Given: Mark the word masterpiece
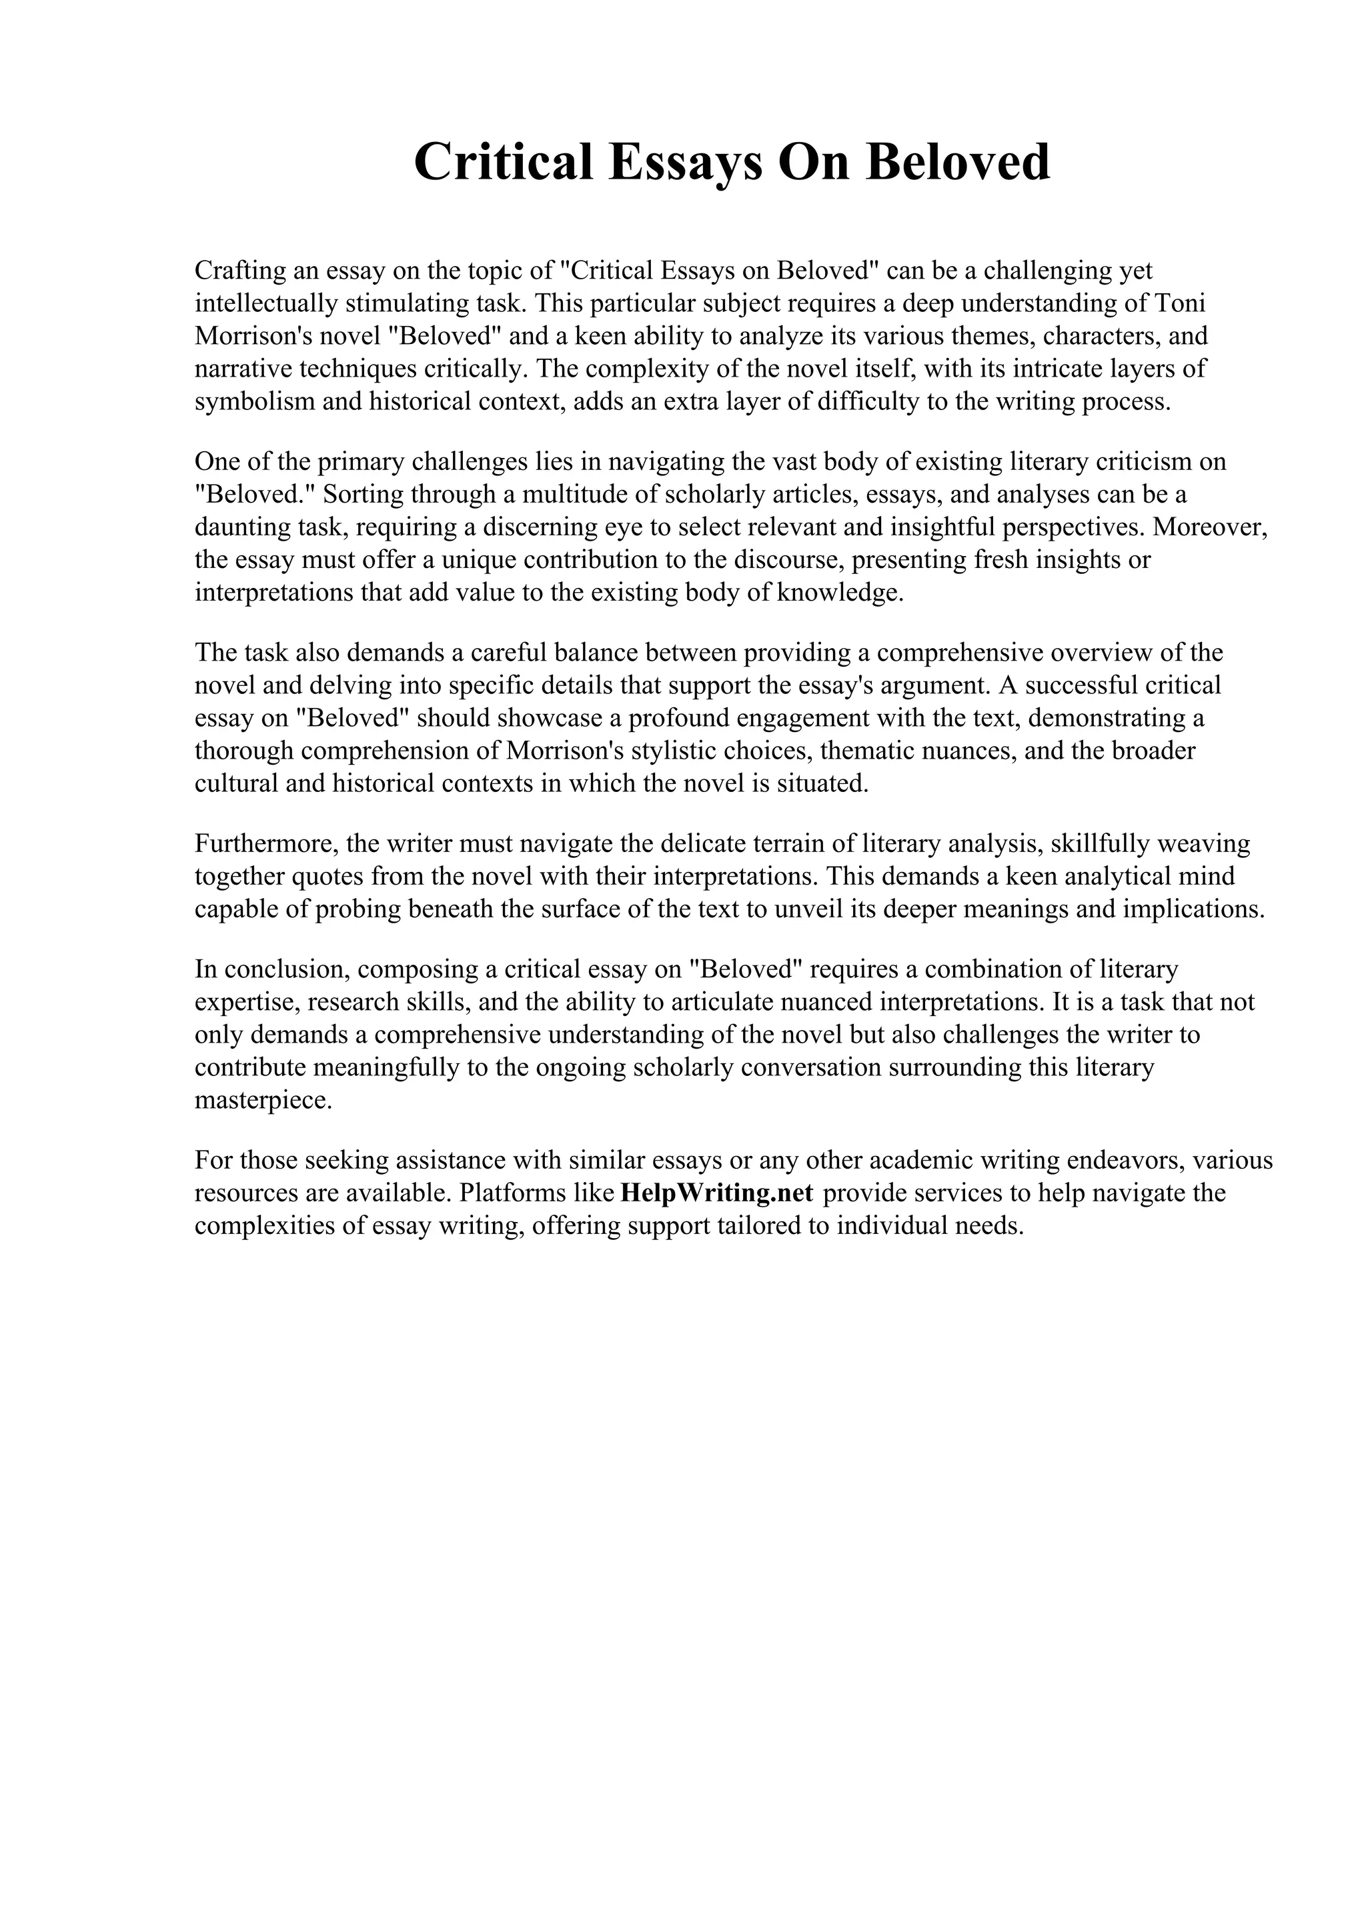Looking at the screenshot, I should pos(263,1101).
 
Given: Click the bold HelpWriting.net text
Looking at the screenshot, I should pos(716,1193).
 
